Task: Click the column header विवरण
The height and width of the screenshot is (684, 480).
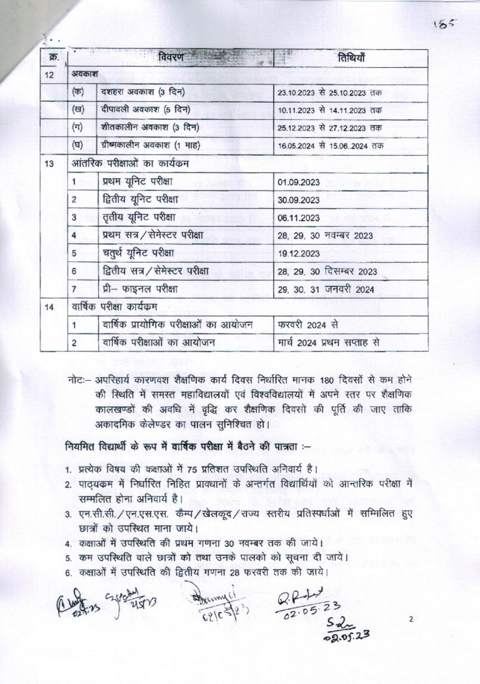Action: coord(171,58)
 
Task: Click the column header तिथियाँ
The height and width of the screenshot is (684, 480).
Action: coord(351,58)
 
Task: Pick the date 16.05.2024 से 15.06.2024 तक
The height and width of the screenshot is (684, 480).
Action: coord(330,146)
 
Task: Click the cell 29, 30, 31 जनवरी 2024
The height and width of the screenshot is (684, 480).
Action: coord(325,289)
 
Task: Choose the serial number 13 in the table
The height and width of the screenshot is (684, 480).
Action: coord(49,164)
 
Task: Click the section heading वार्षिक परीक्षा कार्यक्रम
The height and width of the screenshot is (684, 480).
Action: coord(114,307)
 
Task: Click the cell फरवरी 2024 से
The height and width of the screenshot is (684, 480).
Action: coord(308,325)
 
